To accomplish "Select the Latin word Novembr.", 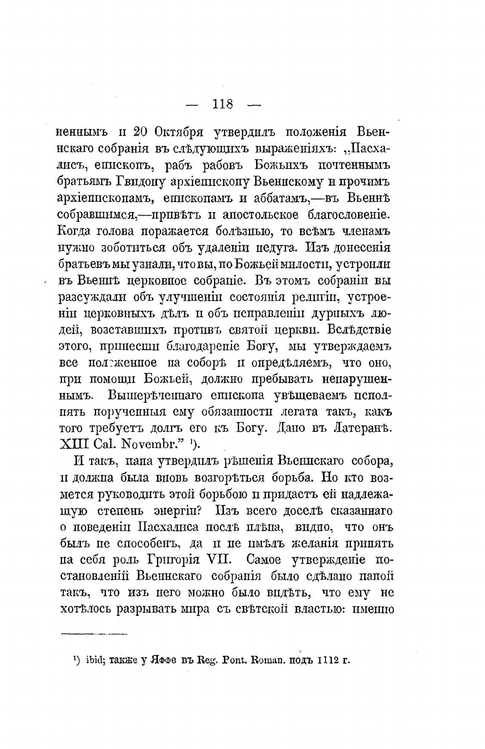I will coord(148,445).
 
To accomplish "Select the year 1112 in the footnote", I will coord(326,661).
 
